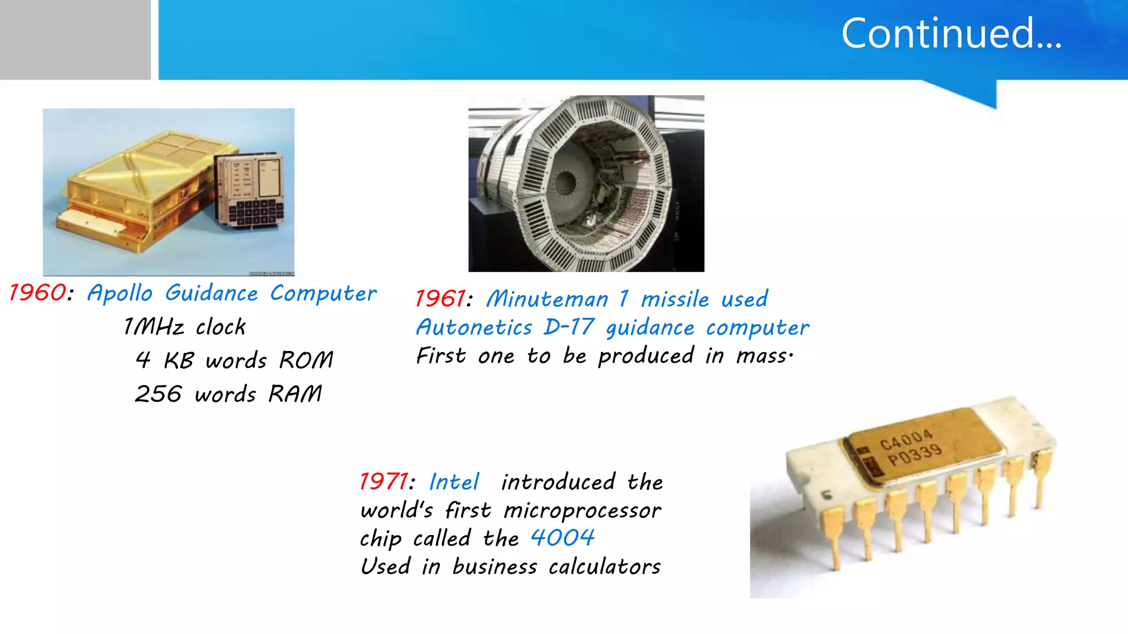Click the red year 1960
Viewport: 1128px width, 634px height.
point(37,293)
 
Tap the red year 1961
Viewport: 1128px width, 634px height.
point(441,299)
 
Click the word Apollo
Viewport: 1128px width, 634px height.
point(120,293)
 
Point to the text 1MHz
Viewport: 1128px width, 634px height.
point(154,327)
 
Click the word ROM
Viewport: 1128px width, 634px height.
point(306,360)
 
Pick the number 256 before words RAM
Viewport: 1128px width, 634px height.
point(158,394)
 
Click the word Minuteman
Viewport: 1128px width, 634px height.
point(547,299)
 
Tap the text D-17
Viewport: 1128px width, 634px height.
point(569,327)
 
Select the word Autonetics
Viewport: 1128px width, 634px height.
point(474,327)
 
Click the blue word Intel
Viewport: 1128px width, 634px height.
point(454,482)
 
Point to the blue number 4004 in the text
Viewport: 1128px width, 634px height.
point(562,538)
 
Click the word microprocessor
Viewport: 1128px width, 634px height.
point(582,511)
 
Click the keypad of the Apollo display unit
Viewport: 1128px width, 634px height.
point(256,212)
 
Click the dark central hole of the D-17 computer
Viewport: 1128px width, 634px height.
point(566,182)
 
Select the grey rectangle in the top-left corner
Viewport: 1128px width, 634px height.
point(75,40)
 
